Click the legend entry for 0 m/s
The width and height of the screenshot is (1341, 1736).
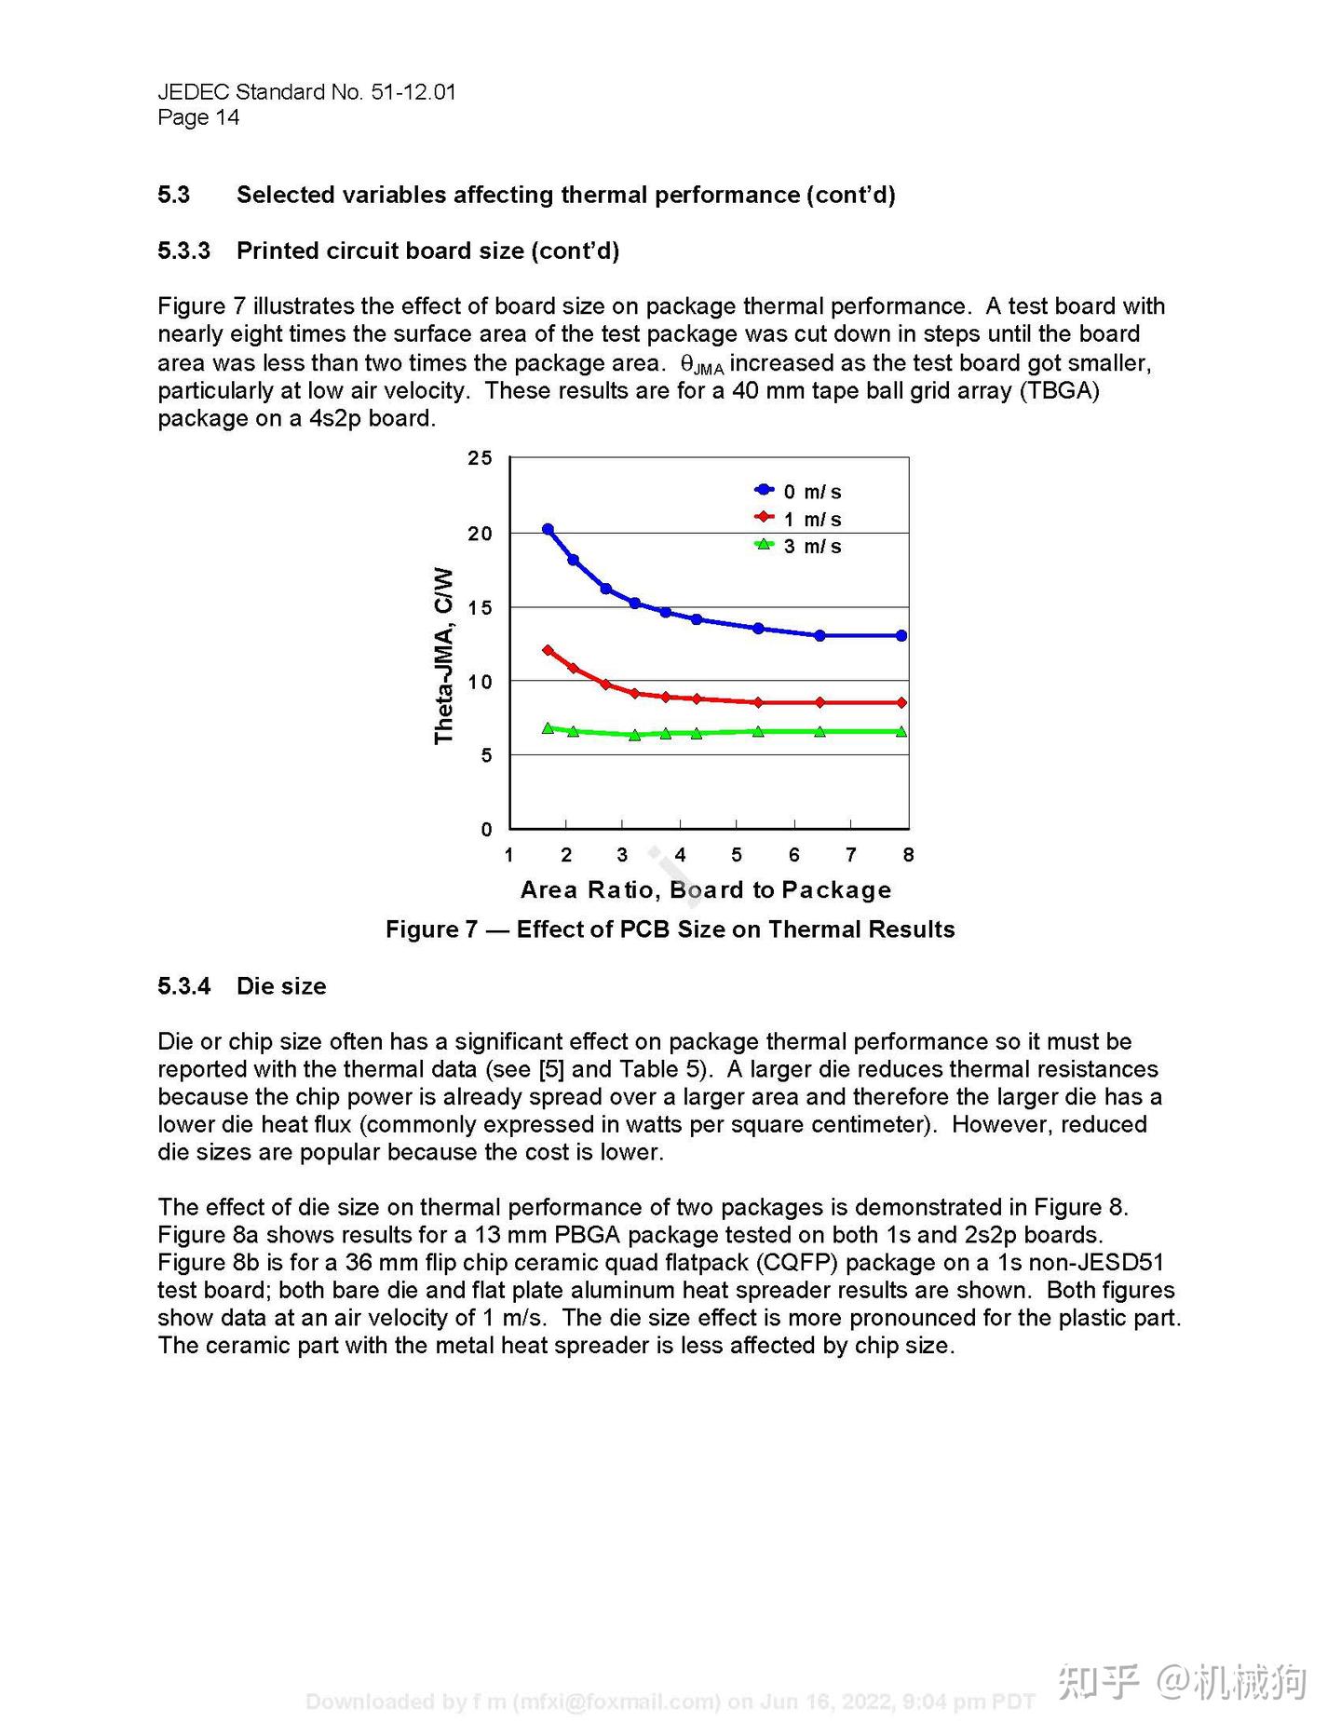[799, 491]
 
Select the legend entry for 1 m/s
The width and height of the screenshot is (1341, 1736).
[799, 519]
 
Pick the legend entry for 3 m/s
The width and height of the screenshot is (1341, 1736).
[799, 546]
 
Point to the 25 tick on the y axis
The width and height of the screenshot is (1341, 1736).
[480, 457]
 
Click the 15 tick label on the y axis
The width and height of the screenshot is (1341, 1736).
[480, 607]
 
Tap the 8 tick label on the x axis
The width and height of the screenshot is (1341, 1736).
[908, 854]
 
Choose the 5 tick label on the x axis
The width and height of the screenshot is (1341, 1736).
[737, 854]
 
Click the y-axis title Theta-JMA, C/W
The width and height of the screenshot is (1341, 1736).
[444, 656]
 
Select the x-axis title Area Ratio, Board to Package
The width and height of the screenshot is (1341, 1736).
[705, 889]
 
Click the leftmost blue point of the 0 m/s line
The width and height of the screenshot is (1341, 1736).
[548, 529]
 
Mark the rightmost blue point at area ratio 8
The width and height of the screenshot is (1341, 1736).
[901, 635]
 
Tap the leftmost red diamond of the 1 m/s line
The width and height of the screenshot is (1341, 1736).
[548, 650]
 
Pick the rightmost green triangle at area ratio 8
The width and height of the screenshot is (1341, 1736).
[901, 731]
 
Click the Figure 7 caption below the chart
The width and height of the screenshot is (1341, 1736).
[670, 929]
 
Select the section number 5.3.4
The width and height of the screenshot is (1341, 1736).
[183, 985]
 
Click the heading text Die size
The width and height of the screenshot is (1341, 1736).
[281, 985]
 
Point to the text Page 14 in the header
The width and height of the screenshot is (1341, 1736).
[198, 117]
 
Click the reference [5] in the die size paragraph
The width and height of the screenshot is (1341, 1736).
[551, 1068]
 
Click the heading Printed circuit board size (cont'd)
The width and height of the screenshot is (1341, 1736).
[427, 251]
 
